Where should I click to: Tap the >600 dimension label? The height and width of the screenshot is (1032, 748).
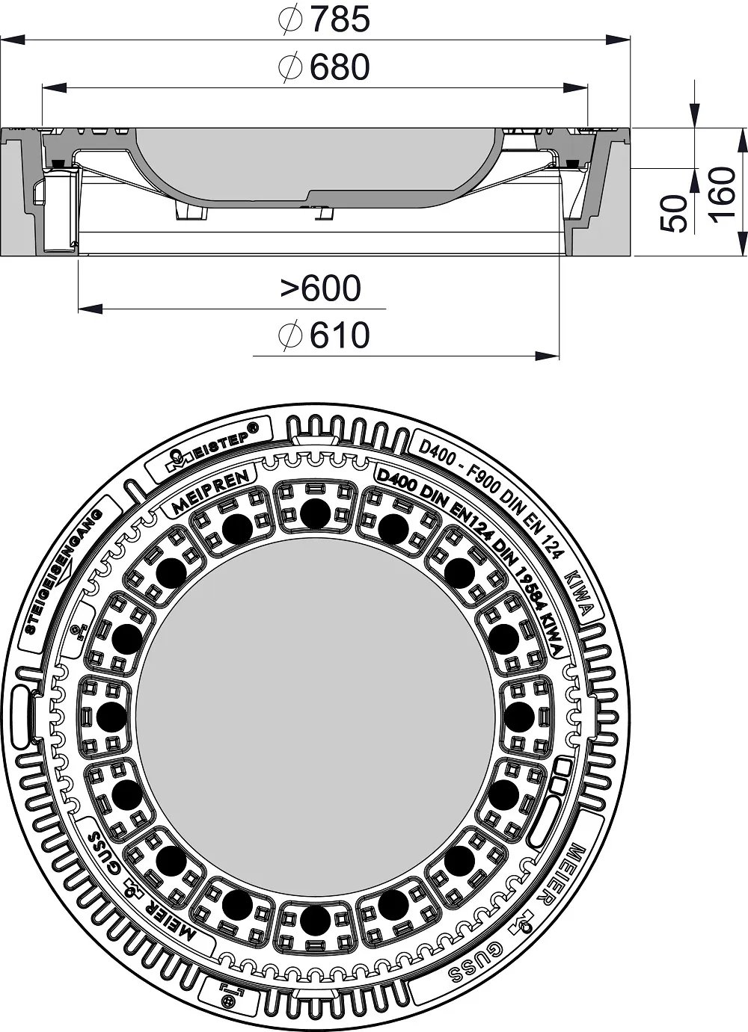(x=320, y=288)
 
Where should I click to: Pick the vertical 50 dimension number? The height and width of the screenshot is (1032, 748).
(x=676, y=213)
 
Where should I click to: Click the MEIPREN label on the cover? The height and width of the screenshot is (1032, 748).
(x=210, y=492)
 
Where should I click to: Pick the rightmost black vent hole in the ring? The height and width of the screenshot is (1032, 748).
(x=519, y=717)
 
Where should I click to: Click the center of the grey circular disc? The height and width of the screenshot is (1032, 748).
(x=315, y=717)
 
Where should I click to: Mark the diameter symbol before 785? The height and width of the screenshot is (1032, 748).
(x=289, y=21)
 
